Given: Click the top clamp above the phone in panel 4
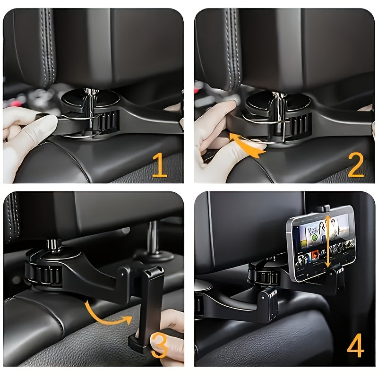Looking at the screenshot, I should click(323, 208).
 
